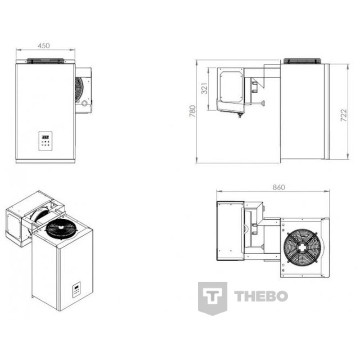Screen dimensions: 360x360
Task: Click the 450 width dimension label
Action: coord(44,46)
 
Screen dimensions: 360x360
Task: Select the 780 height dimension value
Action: coord(193,111)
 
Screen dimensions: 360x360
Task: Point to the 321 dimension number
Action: coord(204,88)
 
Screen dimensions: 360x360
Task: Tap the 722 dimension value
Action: coord(343,115)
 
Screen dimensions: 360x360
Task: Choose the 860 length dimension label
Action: coord(279,187)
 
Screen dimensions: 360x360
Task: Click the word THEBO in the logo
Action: coord(261,296)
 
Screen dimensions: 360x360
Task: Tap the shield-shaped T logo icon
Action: coord(212,298)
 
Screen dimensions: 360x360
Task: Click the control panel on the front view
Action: coord(45,141)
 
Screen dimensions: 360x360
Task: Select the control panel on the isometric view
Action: coord(76,290)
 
